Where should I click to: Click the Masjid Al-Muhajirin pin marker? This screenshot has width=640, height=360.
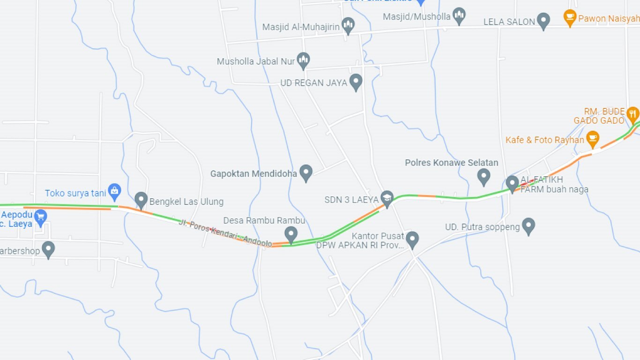(348, 25)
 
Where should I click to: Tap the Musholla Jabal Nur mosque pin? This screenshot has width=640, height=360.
(304, 60)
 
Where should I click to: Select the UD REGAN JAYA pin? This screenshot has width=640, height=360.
(356, 82)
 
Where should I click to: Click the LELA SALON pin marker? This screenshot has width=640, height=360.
(543, 20)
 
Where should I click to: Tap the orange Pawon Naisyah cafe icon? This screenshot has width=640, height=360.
(570, 18)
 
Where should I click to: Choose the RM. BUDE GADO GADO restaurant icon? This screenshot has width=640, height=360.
(633, 113)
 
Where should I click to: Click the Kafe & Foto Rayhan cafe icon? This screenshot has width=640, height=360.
(593, 138)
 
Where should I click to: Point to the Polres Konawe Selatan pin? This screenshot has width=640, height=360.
(484, 176)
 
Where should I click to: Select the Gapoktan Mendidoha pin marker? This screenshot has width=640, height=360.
(306, 172)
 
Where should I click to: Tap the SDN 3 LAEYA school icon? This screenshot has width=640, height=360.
(387, 198)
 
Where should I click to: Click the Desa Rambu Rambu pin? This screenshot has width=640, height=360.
(291, 233)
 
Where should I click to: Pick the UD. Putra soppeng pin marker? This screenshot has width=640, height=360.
(528, 225)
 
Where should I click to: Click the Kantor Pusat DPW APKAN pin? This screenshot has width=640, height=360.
(412, 239)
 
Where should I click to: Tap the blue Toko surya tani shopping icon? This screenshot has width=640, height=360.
(114, 191)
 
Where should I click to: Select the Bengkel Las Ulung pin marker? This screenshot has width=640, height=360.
(141, 200)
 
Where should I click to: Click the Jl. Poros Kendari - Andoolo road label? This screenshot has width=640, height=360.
(225, 232)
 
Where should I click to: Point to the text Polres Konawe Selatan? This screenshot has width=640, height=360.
(451, 163)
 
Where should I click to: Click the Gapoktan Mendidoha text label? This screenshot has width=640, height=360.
(253, 173)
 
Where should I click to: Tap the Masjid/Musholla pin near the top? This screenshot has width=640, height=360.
(459, 15)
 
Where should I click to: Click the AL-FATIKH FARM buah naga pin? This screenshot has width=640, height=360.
(512, 183)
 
